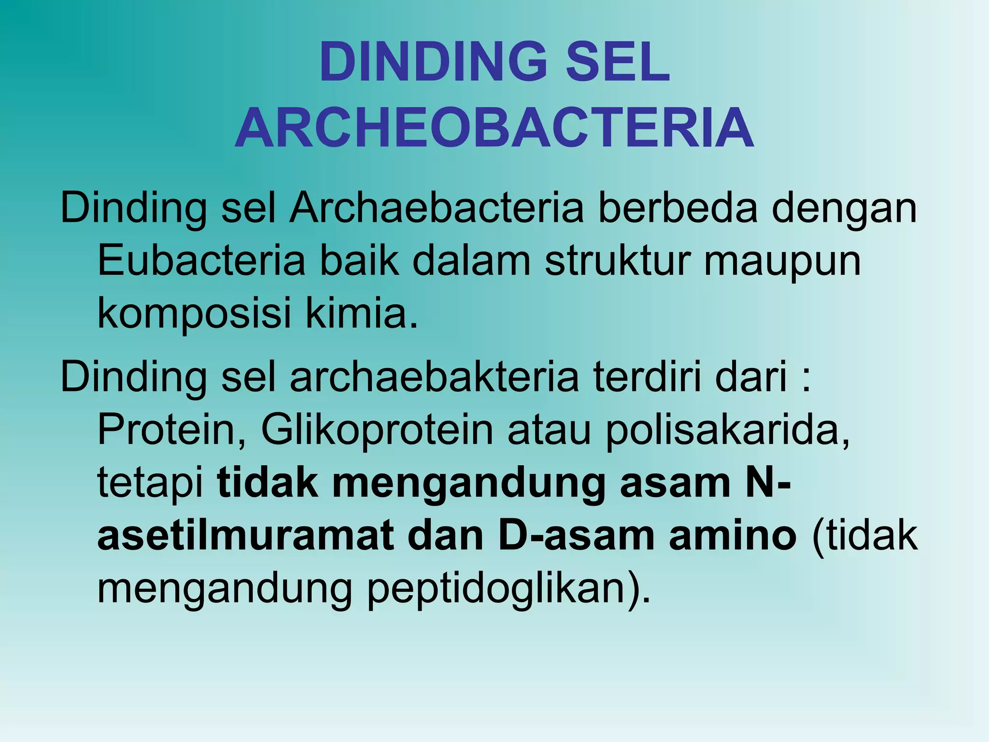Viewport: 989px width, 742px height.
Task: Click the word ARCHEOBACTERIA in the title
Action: (x=494, y=128)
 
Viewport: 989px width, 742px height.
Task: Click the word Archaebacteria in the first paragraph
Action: (x=437, y=209)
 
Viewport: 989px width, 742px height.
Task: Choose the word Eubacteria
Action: (x=201, y=261)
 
